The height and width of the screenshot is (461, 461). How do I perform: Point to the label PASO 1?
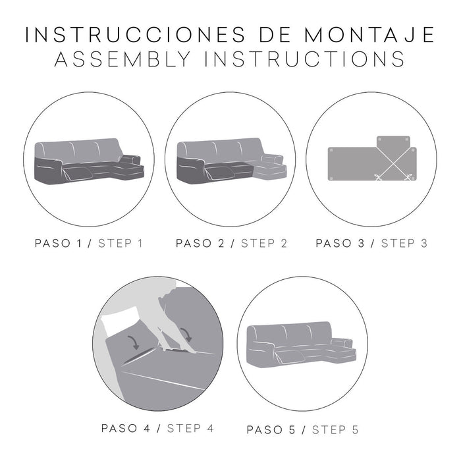point(63,243)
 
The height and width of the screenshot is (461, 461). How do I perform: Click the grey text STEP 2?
point(263,243)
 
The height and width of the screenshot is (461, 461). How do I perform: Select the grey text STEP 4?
point(190,428)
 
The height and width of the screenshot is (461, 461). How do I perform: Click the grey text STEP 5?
point(335,430)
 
